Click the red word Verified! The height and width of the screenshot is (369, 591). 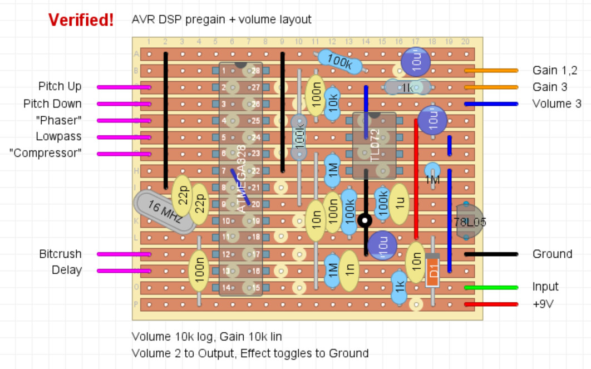[x=81, y=20]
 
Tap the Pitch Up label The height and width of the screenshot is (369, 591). [x=60, y=86]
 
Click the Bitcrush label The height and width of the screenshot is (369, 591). [x=60, y=254]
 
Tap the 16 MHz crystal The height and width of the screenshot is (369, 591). [x=164, y=212]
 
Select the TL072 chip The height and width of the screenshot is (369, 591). [x=374, y=146]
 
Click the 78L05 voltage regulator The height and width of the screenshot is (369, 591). [x=469, y=222]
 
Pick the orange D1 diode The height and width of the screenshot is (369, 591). [x=432, y=270]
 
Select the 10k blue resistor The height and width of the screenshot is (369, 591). [x=333, y=104]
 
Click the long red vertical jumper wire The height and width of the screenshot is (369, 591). [x=416, y=178]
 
